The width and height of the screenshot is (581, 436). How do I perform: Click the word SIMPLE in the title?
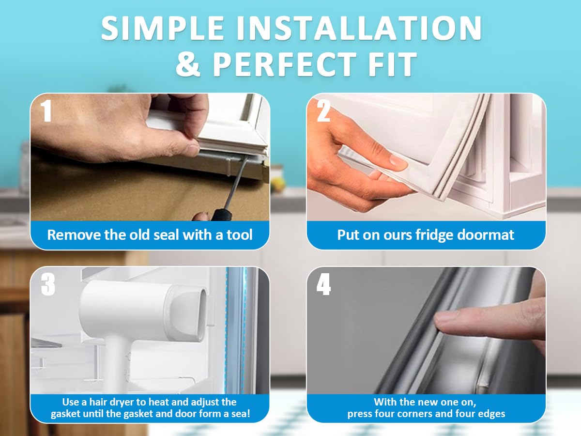click(162, 28)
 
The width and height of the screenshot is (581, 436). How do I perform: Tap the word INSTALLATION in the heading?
click(359, 28)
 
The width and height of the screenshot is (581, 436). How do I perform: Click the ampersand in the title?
click(188, 64)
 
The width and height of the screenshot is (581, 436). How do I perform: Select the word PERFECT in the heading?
click(285, 64)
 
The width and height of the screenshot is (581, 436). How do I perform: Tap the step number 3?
click(48, 284)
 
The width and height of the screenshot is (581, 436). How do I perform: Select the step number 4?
click(323, 284)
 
